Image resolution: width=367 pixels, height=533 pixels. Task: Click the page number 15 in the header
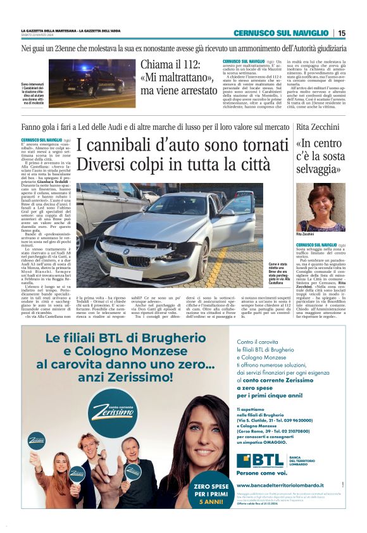point(342,33)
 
